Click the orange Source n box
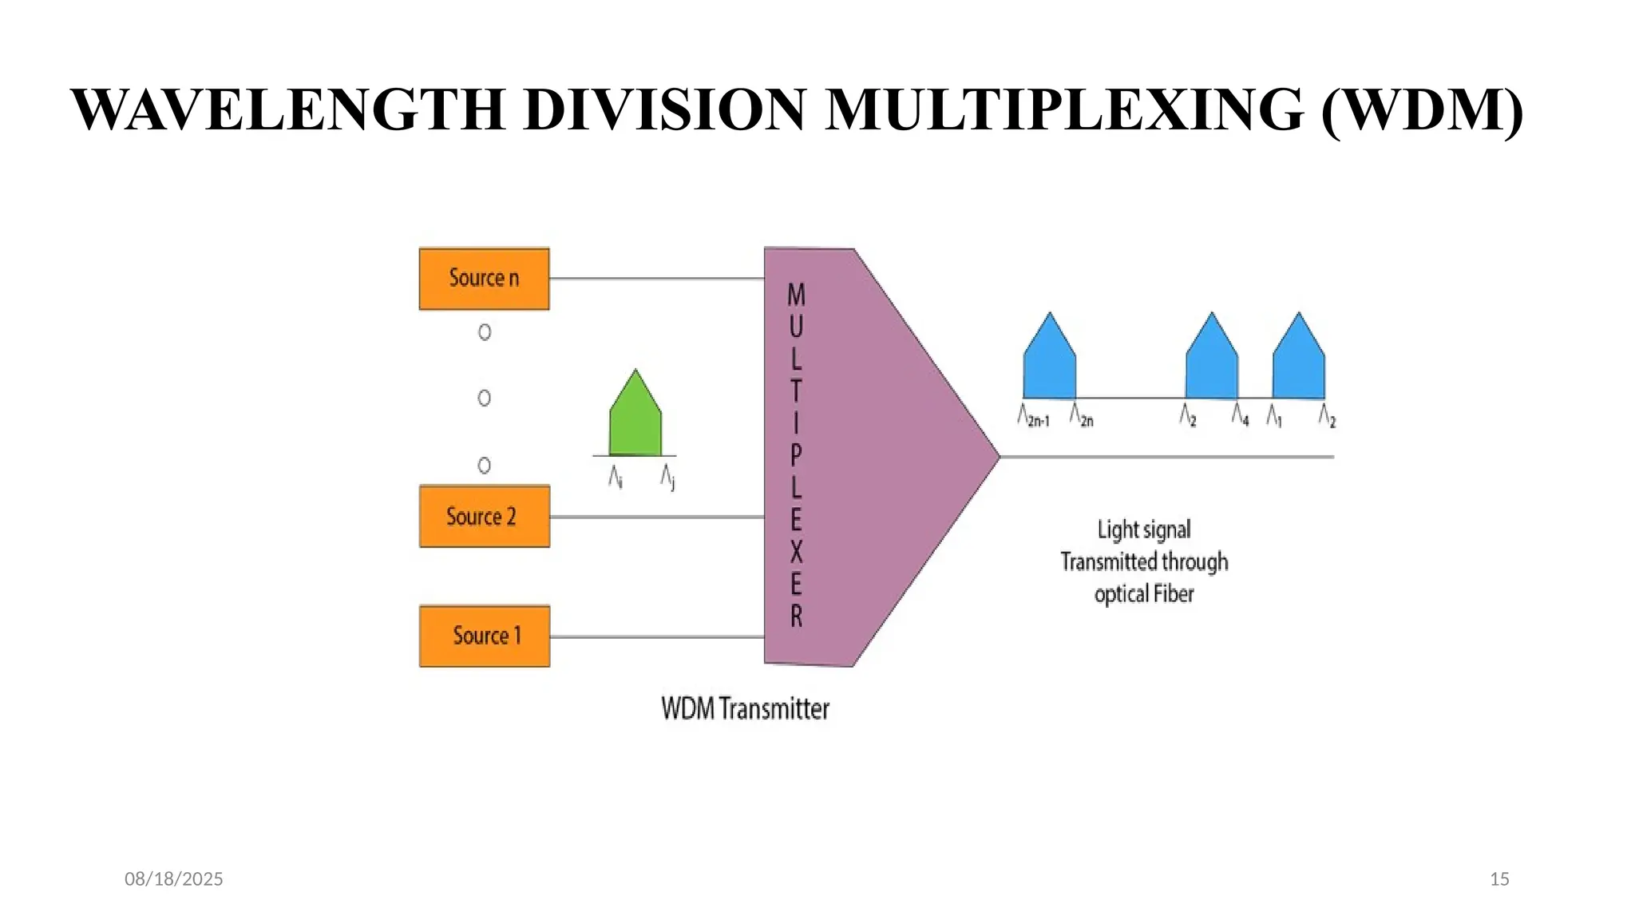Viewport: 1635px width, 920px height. (484, 279)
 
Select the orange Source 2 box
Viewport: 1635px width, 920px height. (484, 517)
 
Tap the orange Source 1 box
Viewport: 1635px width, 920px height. (484, 636)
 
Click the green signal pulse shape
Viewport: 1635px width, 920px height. (635, 419)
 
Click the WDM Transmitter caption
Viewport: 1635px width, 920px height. (745, 709)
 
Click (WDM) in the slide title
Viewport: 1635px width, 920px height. (1422, 109)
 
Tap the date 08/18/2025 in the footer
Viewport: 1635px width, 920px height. (174, 879)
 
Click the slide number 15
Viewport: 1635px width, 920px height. (1499, 879)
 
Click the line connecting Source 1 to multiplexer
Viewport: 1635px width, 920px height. (656, 636)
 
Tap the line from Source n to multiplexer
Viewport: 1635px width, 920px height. (656, 279)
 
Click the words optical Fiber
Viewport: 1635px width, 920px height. (1143, 594)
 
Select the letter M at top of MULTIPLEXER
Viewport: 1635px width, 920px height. (796, 295)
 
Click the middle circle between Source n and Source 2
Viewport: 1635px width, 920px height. (484, 398)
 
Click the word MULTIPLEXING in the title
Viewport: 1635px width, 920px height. (1065, 109)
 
